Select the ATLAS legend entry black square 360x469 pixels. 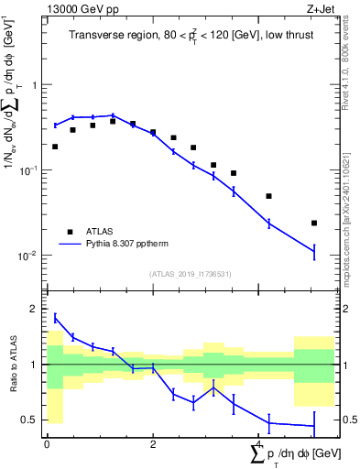pos(69,232)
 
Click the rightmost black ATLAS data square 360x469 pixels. pos(314,223)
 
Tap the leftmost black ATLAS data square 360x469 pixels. pos(55,147)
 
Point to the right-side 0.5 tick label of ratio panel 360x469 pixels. pos(346,420)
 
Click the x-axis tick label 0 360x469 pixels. pos(47,444)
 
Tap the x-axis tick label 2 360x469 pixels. pos(153,444)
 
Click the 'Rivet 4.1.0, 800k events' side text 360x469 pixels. pos(351,92)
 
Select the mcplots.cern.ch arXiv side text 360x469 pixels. pos(351,211)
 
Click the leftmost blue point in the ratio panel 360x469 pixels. pos(55,318)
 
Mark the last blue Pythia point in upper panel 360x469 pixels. pos(314,250)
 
